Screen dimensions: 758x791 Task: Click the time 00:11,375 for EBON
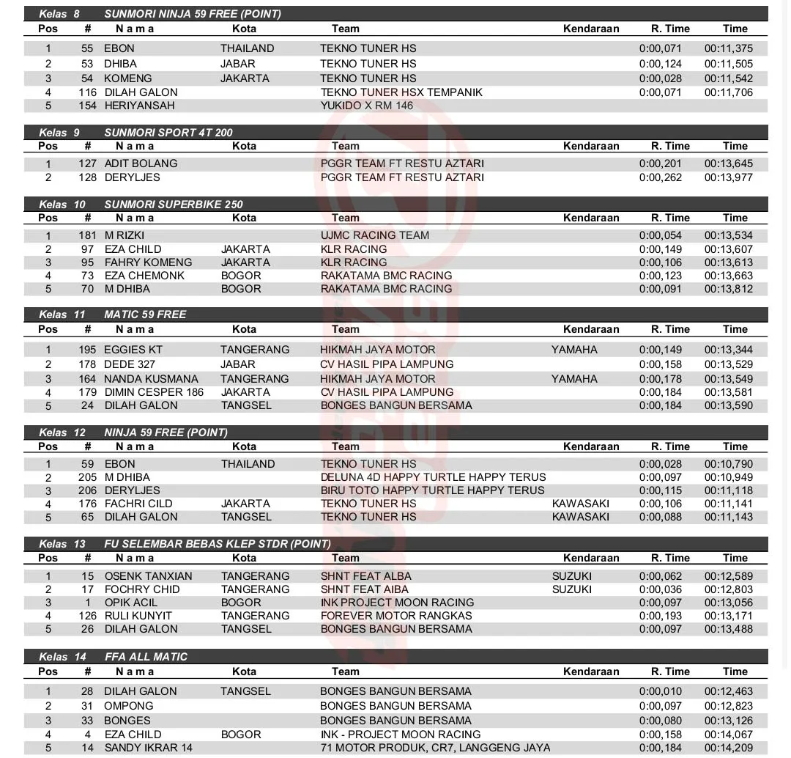coord(728,48)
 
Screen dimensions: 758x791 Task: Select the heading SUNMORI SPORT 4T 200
coord(168,133)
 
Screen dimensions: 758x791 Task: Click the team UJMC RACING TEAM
coord(374,235)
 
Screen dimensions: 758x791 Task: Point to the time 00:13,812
coord(728,289)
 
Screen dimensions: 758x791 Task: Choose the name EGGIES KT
coord(133,350)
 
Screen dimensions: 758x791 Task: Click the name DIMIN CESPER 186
coord(154,392)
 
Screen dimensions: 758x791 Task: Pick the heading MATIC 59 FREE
coord(145,314)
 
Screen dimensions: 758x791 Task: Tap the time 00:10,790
coord(728,464)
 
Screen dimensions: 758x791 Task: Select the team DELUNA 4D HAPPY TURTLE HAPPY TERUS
coord(433,477)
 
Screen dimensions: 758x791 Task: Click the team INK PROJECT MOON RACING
coord(397,603)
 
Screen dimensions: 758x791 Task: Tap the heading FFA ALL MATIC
coord(146,657)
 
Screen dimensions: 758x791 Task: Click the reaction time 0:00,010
coord(660,691)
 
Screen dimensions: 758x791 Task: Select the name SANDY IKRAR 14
coord(148,748)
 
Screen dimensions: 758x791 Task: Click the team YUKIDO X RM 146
coord(366,106)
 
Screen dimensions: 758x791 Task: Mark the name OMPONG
coord(128,706)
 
